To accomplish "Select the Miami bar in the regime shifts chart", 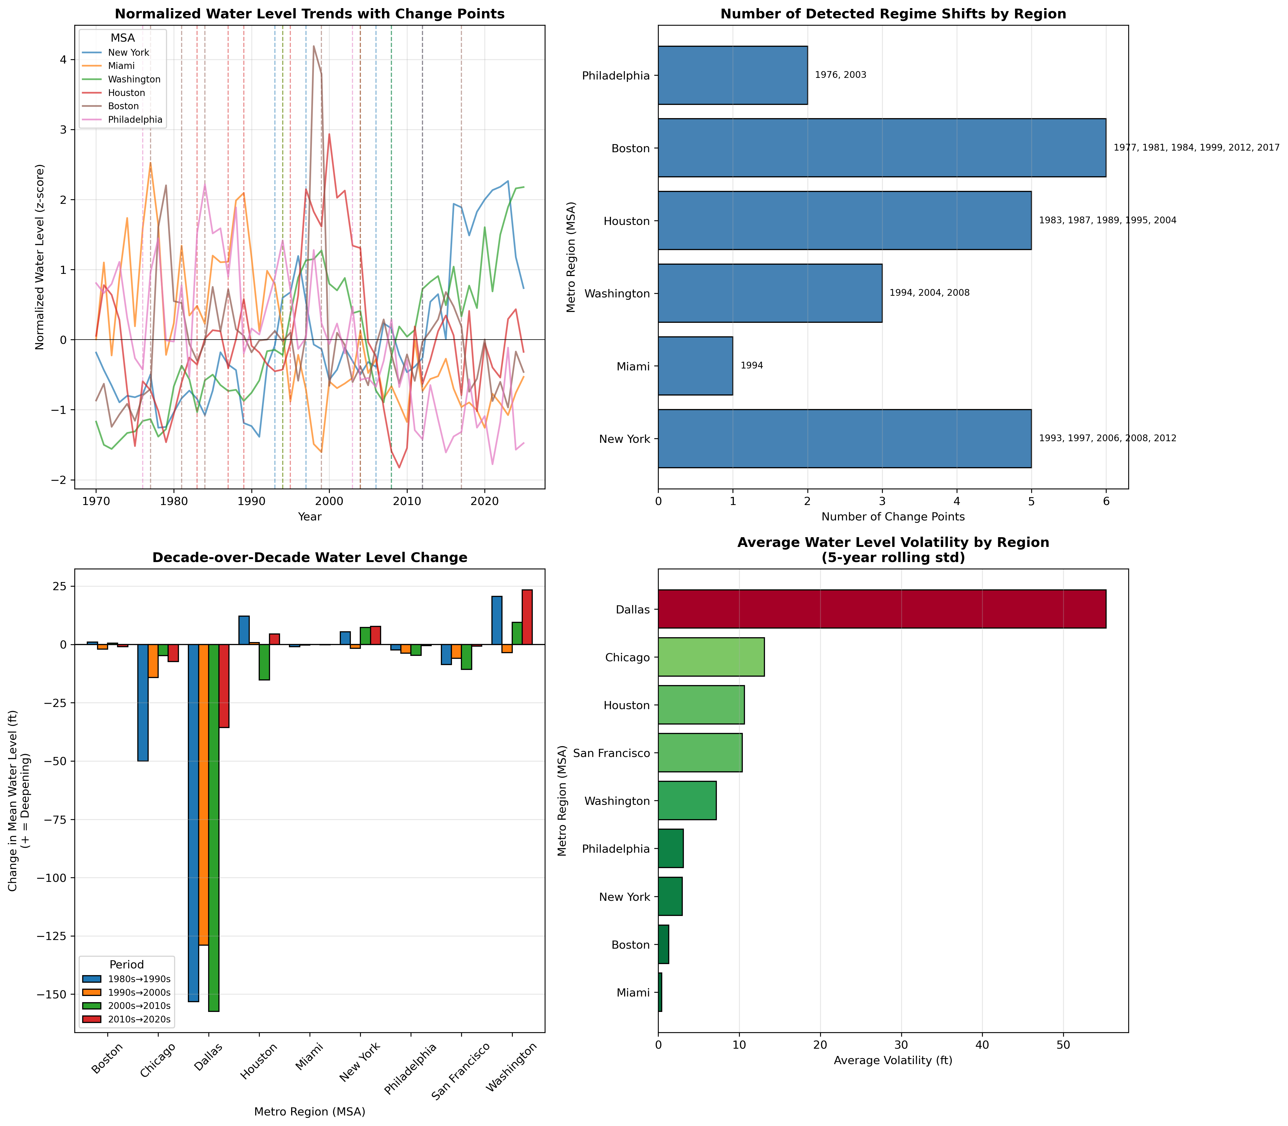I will [695, 366].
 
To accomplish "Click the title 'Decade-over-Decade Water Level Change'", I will [310, 557].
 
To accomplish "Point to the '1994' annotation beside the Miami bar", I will [751, 366].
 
